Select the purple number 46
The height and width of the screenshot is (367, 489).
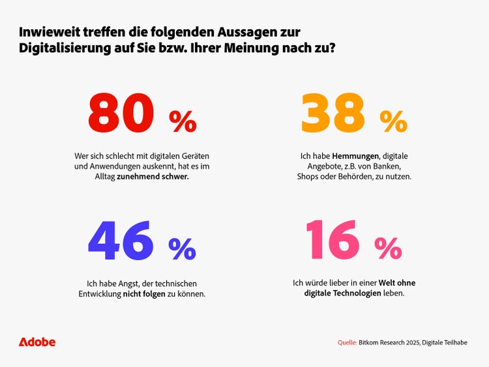[121, 239]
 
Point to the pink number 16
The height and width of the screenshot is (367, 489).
[331, 239]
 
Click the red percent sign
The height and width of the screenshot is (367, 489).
[183, 121]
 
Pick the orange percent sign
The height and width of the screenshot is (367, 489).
[394, 121]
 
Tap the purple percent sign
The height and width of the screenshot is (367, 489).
[183, 248]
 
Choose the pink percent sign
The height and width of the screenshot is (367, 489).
[389, 248]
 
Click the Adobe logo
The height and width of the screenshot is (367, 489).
[37, 342]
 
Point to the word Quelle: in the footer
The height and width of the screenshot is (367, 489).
[347, 342]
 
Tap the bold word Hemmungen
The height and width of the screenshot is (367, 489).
[356, 156]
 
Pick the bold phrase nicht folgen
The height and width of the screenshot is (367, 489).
[145, 294]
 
